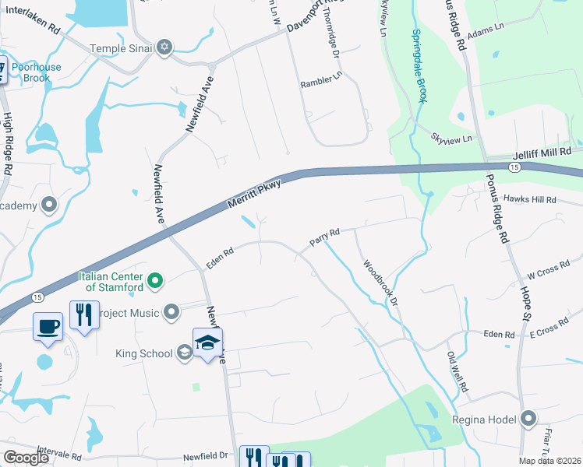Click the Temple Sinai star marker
click(164, 48)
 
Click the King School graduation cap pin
click(207, 342)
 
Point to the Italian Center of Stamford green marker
click(155, 280)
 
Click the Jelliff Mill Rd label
click(542, 155)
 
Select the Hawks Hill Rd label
click(529, 199)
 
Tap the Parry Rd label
click(325, 237)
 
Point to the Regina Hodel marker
click(529, 420)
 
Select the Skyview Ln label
click(452, 138)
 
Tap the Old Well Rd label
click(457, 372)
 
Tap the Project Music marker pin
click(173, 313)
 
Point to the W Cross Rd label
click(543, 274)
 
